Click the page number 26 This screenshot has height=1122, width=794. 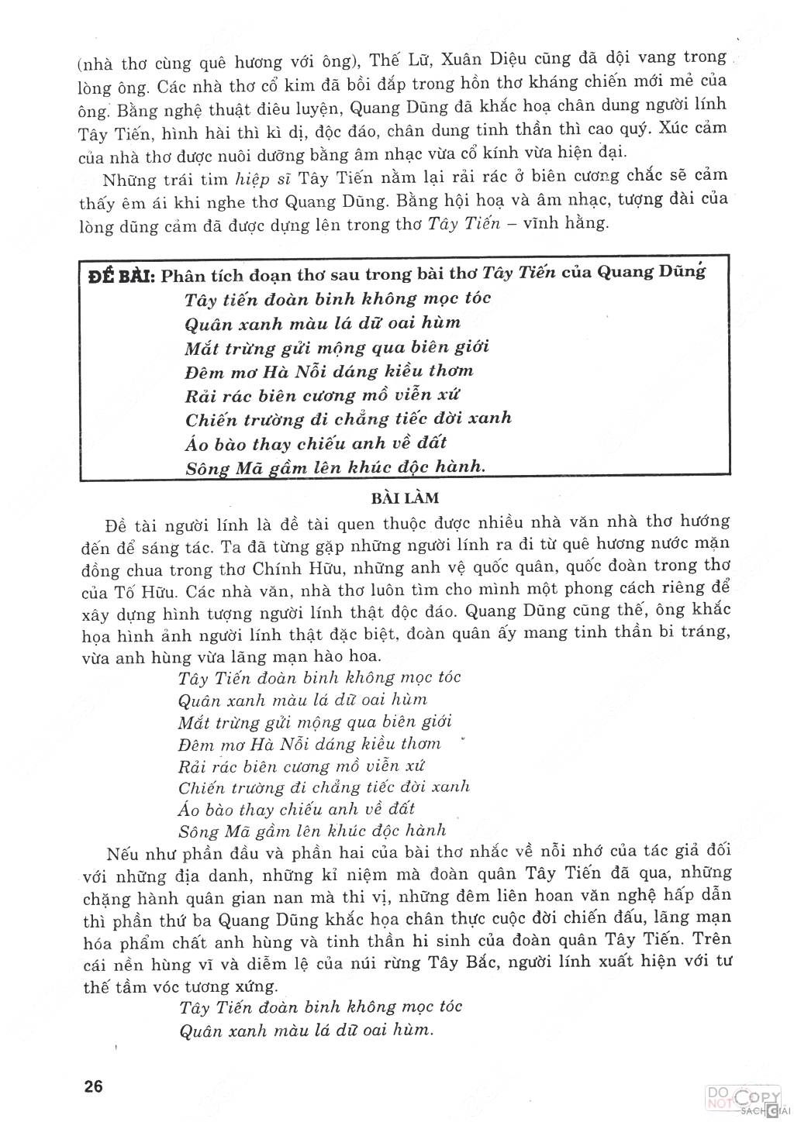click(93, 1085)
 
